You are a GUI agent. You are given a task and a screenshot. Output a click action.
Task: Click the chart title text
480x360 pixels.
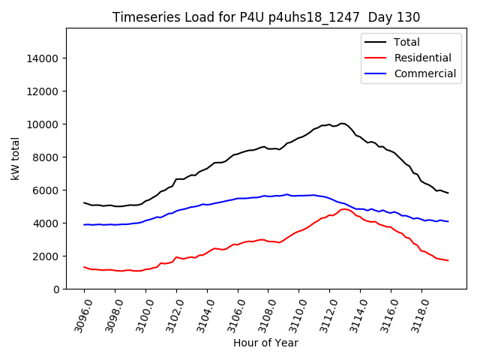(265, 17)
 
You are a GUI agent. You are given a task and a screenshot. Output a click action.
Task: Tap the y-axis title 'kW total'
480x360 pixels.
(16, 158)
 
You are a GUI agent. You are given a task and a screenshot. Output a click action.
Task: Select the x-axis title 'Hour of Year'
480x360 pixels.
(265, 343)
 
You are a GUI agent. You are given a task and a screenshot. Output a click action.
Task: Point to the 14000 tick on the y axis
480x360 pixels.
(43, 58)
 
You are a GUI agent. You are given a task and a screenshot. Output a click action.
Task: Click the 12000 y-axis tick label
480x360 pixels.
(43, 91)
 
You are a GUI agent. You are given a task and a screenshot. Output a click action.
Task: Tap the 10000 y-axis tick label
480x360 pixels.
(43, 124)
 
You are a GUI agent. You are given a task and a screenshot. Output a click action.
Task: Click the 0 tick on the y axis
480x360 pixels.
(55, 289)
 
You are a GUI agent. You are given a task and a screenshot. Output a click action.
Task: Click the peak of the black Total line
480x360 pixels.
(342, 123)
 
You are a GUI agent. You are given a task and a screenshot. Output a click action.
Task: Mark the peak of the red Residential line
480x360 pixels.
(345, 208)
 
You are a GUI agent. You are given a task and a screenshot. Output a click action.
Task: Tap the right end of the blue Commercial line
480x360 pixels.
(448, 221)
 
